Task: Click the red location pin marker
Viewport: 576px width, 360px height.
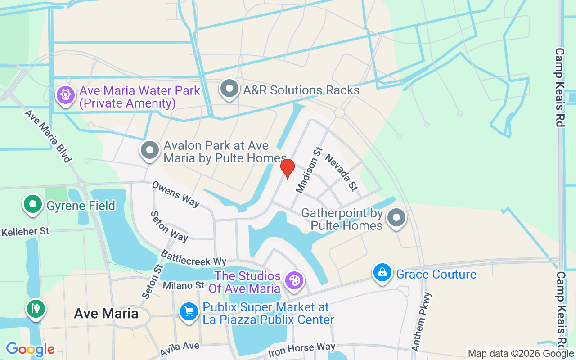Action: [x=288, y=168]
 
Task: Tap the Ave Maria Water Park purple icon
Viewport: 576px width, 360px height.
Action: [x=66, y=95]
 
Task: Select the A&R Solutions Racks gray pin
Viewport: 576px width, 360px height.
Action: [x=229, y=89]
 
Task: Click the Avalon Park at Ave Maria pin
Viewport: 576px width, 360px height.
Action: [x=150, y=151]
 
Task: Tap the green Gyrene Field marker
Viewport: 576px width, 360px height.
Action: [x=33, y=204]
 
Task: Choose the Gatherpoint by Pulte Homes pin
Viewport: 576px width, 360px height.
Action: [x=396, y=218]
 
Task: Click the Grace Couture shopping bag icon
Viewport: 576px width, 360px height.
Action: [x=382, y=273]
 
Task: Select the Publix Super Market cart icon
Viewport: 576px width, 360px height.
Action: [x=189, y=311]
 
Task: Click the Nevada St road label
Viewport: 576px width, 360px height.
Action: [x=341, y=172]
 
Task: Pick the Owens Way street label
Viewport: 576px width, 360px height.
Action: [x=175, y=194]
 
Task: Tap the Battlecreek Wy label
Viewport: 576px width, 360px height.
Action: [x=193, y=258]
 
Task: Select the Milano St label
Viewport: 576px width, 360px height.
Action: [x=184, y=285]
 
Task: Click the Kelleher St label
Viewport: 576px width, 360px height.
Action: [x=25, y=232]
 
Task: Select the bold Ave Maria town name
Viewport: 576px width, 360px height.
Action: [x=106, y=313]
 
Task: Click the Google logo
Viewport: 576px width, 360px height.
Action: [x=30, y=349]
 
